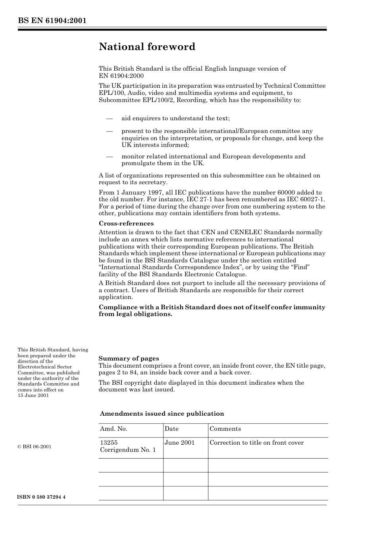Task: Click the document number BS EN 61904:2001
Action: pyautogui.click(x=52, y=21)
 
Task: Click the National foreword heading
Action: pyautogui.click(x=147, y=47)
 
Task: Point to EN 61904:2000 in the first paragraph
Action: pyautogui.click(x=121, y=76)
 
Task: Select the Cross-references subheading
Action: pyautogui.click(x=126, y=224)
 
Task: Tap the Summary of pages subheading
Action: pyautogui.click(x=129, y=359)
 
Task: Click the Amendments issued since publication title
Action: pyautogui.click(x=162, y=414)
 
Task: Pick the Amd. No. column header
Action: pyautogui.click(x=113, y=429)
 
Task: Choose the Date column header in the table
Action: pyautogui.click(x=171, y=429)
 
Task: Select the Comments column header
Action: pyautogui.click(x=225, y=429)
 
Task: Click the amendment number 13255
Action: pyautogui.click(x=109, y=443)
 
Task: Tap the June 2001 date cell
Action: pyautogui.click(x=180, y=443)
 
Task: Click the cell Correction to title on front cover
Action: pyautogui.click(x=256, y=443)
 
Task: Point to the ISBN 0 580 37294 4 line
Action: pyautogui.click(x=41, y=497)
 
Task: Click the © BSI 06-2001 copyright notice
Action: pyautogui.click(x=35, y=447)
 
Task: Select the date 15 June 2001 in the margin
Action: pyautogui.click(x=33, y=395)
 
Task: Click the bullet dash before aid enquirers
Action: pyautogui.click(x=110, y=118)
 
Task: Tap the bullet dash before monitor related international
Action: pyautogui.click(x=110, y=156)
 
